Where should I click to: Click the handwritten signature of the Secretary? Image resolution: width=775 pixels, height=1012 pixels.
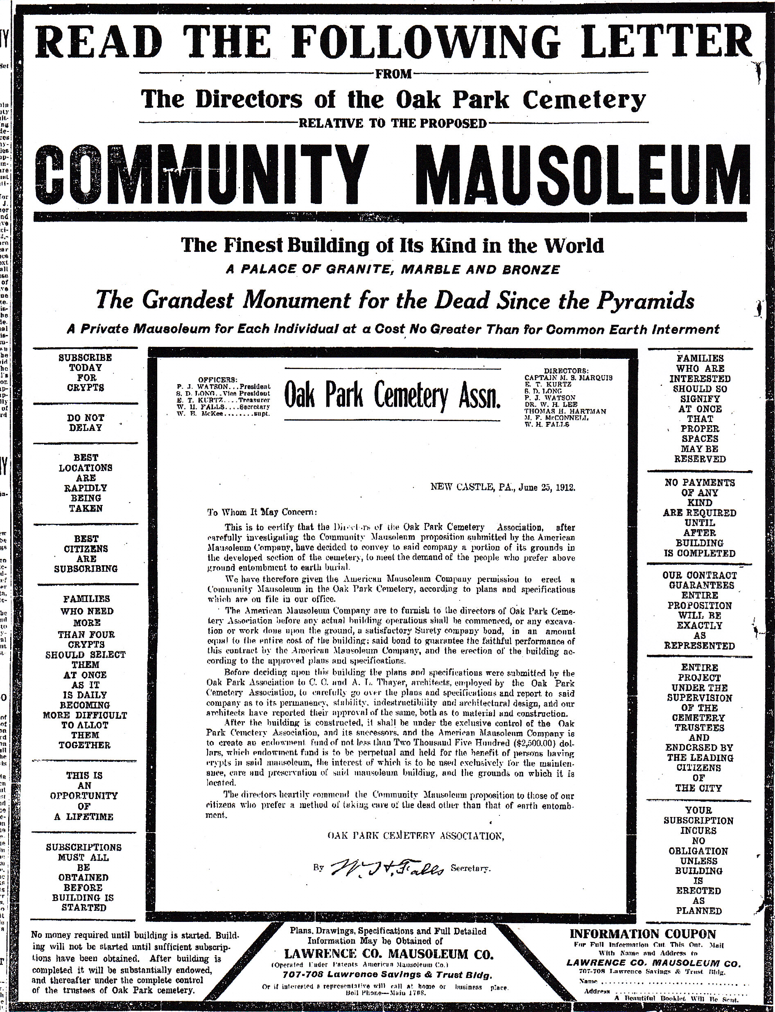(x=386, y=867)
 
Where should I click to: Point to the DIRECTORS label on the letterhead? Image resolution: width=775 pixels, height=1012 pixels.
(x=566, y=370)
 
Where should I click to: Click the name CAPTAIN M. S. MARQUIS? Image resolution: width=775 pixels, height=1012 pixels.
(x=568, y=377)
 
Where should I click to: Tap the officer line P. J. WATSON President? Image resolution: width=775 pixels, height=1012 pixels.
(x=223, y=386)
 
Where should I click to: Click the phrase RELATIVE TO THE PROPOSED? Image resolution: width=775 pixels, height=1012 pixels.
(x=393, y=123)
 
